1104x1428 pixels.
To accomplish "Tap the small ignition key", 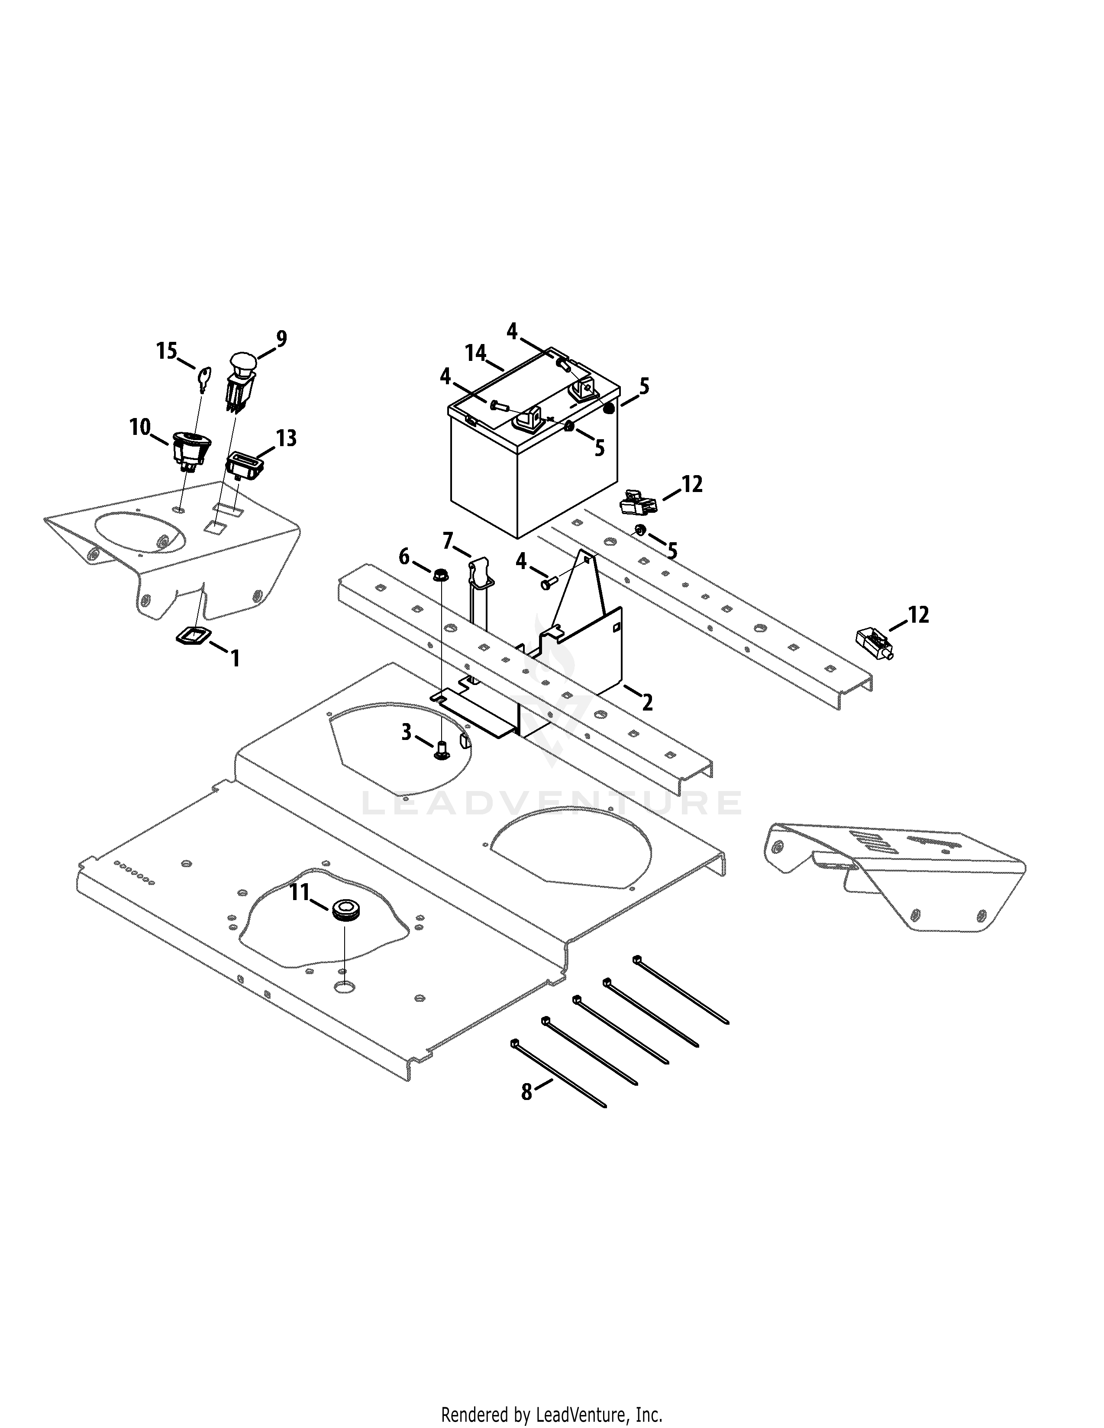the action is click(204, 379).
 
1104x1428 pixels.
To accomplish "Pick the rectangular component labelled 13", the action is click(245, 465).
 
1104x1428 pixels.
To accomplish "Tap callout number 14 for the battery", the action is click(475, 354).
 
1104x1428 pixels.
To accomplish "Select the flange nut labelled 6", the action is click(440, 576).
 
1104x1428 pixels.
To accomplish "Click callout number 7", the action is click(448, 541).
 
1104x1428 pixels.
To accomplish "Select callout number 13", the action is click(287, 438).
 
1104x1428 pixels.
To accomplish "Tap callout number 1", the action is click(235, 658).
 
